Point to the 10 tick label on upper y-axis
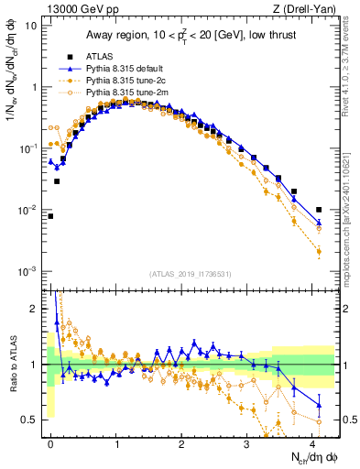pyautogui.click(x=31, y=26)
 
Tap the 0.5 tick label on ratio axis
pyautogui.click(x=29, y=420)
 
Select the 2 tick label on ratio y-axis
pyautogui.click(x=34, y=309)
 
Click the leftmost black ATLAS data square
pyautogui.click(x=50, y=216)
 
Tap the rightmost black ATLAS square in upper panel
pyautogui.click(x=319, y=210)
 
